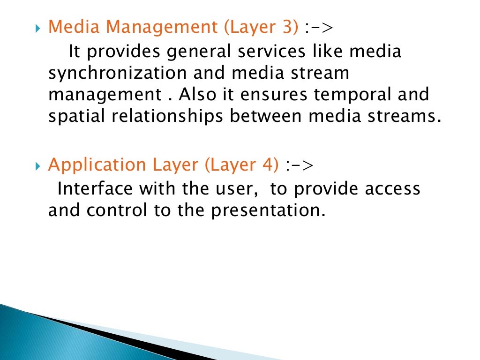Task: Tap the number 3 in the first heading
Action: tap(288, 28)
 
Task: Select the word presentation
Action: tap(267, 211)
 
